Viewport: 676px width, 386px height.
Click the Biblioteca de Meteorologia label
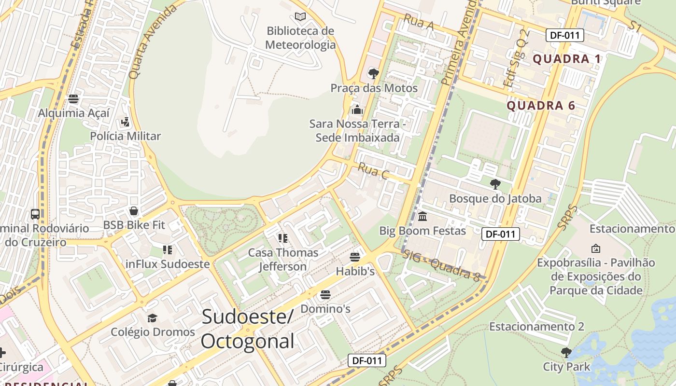coord(300,38)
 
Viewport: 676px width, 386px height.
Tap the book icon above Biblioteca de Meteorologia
coord(300,17)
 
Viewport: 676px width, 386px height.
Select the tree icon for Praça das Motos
coord(373,74)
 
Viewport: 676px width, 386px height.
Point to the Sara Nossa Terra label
coord(357,131)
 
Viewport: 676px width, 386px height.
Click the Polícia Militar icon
coord(126,122)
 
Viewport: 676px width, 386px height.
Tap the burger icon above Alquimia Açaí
coord(73,99)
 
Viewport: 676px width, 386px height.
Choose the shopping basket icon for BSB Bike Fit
coord(134,211)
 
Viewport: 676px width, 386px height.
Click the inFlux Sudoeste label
coord(168,264)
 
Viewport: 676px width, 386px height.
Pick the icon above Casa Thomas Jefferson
coord(283,238)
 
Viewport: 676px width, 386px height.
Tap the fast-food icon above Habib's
coord(355,257)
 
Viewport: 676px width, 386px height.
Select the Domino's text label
coord(325,308)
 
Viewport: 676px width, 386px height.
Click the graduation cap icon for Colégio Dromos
coord(153,317)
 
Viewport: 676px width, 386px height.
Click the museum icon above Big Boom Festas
coord(422,216)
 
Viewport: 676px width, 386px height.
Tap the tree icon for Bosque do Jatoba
coord(495,184)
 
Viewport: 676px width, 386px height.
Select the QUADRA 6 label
coord(540,106)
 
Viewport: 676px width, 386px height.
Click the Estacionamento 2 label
coord(536,327)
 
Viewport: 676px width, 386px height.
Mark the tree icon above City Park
coord(566,352)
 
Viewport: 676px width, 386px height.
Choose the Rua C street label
coord(373,172)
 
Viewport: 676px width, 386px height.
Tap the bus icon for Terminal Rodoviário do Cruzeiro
coord(35,214)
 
